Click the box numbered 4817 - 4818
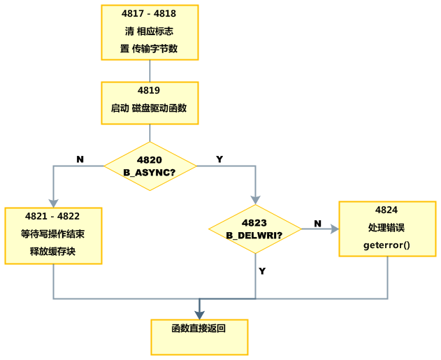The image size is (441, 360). pyautogui.click(x=150, y=33)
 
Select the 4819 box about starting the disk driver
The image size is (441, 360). pyautogui.click(x=150, y=102)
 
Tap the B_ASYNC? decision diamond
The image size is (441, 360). pyautogui.click(x=150, y=166)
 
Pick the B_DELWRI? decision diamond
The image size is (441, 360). pyautogui.click(x=254, y=229)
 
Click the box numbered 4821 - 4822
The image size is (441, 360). pyautogui.click(x=53, y=236)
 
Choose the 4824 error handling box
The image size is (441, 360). pyautogui.click(x=386, y=229)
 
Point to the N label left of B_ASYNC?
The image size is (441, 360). pyautogui.click(x=80, y=159)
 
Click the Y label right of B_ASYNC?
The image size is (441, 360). pyautogui.click(x=219, y=159)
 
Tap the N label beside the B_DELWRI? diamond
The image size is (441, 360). pyautogui.click(x=317, y=223)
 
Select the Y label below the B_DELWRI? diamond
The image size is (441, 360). pyautogui.click(x=262, y=271)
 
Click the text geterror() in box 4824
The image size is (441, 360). pyautogui.click(x=386, y=245)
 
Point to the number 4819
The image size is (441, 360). pyautogui.click(x=150, y=90)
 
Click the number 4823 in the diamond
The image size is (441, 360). pyautogui.click(x=254, y=223)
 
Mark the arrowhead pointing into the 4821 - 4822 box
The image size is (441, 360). pyautogui.click(x=53, y=203)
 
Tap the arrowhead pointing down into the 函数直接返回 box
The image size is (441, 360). pyautogui.click(x=199, y=315)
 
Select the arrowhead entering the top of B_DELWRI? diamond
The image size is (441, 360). pyautogui.click(x=254, y=200)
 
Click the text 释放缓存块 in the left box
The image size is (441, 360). pyautogui.click(x=52, y=251)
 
